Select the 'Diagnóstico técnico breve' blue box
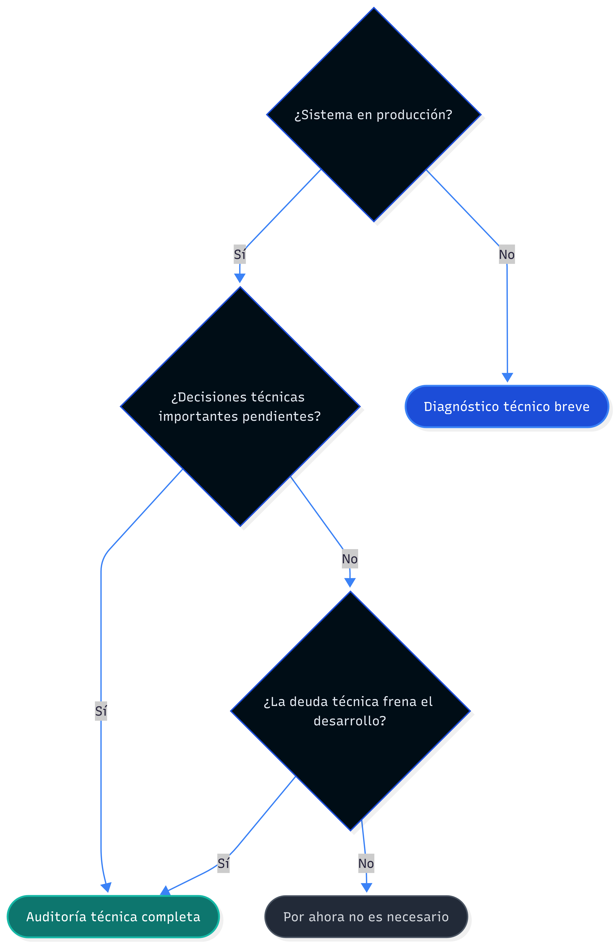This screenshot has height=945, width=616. tap(507, 407)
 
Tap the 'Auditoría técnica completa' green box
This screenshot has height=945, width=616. tap(113, 916)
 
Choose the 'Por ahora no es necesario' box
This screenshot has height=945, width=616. tap(366, 916)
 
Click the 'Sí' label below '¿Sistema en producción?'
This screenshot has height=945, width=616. tap(240, 254)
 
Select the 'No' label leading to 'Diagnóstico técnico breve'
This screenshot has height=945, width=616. tap(507, 254)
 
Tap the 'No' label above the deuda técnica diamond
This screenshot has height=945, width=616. tap(350, 559)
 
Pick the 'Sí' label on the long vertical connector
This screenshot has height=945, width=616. tap(101, 711)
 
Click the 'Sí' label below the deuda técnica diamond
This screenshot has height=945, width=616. tap(223, 863)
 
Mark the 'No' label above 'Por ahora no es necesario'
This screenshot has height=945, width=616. tap(366, 863)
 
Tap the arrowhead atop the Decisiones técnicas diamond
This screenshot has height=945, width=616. tap(240, 278)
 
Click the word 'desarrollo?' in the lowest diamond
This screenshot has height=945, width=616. tap(350, 721)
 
